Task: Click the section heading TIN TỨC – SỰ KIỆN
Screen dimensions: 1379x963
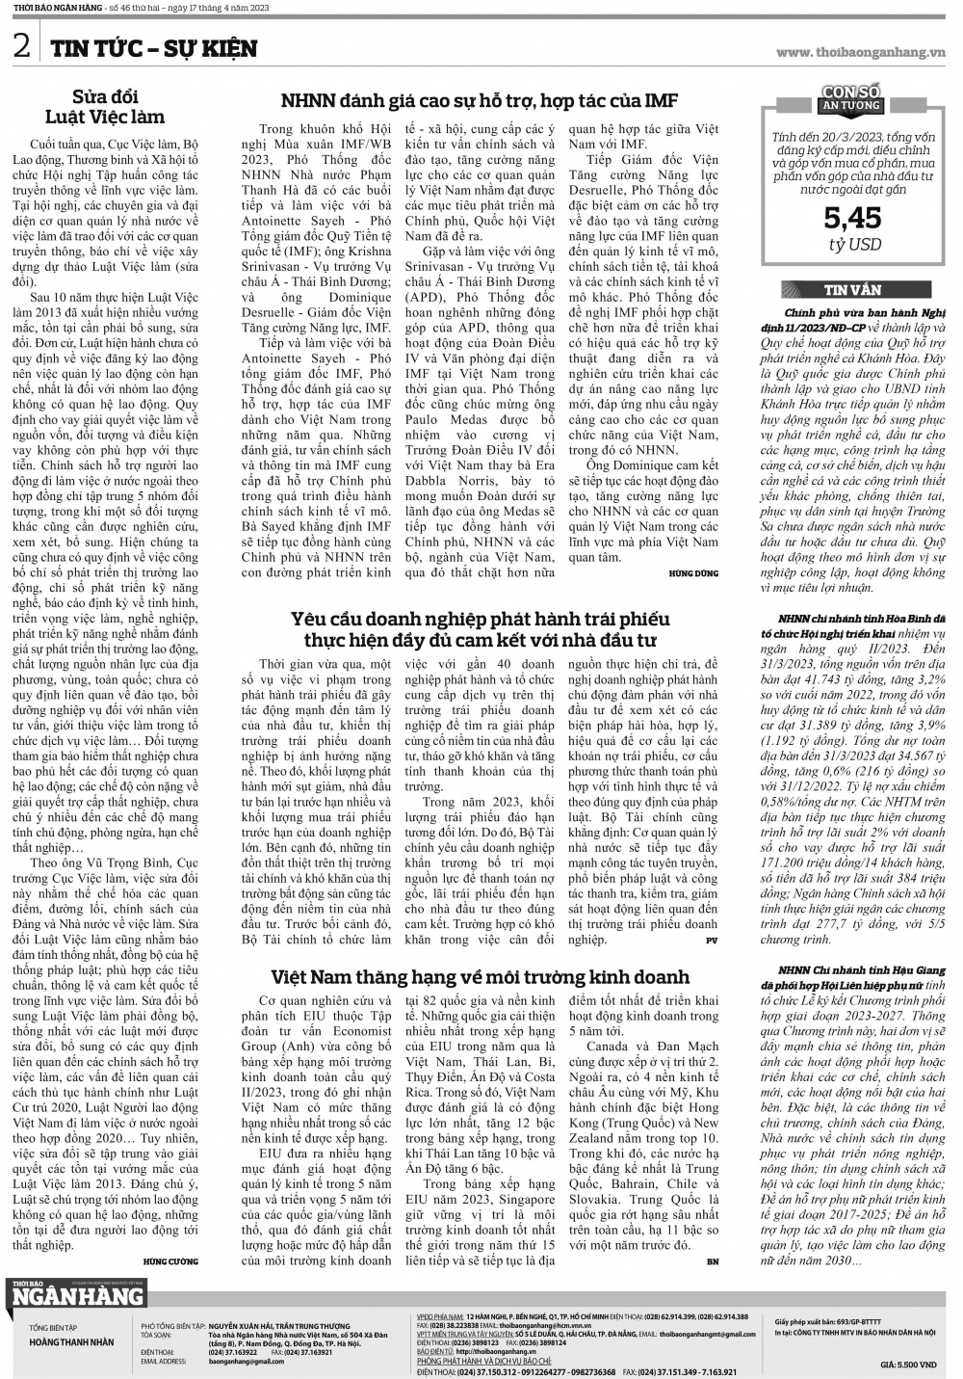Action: (x=154, y=48)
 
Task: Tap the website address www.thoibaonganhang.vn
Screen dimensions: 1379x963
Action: (x=861, y=52)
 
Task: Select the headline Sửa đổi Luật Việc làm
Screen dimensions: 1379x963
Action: (x=119, y=106)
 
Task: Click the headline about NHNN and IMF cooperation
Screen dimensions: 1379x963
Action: (x=480, y=100)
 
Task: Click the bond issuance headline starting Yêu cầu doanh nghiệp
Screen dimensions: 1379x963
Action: (x=480, y=628)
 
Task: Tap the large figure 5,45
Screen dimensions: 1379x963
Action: (x=852, y=219)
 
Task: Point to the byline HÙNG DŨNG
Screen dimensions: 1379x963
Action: (x=693, y=573)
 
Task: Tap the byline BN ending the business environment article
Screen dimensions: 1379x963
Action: (x=712, y=1260)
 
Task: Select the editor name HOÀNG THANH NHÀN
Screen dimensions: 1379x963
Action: (x=71, y=1341)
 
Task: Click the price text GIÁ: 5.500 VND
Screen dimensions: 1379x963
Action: (x=908, y=1365)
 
